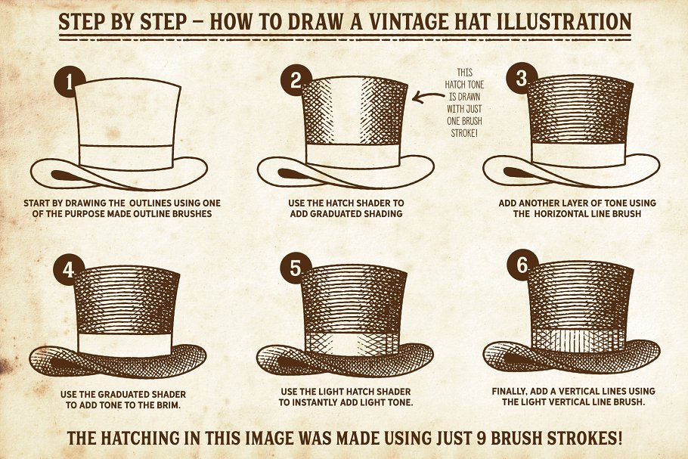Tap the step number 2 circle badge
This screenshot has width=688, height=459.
click(x=296, y=80)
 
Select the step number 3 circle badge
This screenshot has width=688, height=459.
click(x=522, y=79)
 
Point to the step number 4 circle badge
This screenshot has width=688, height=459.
click(x=70, y=271)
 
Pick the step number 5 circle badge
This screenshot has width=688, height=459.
click(x=296, y=271)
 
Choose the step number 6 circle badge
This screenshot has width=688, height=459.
click(x=522, y=267)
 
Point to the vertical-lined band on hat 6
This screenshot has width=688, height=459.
click(x=578, y=338)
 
